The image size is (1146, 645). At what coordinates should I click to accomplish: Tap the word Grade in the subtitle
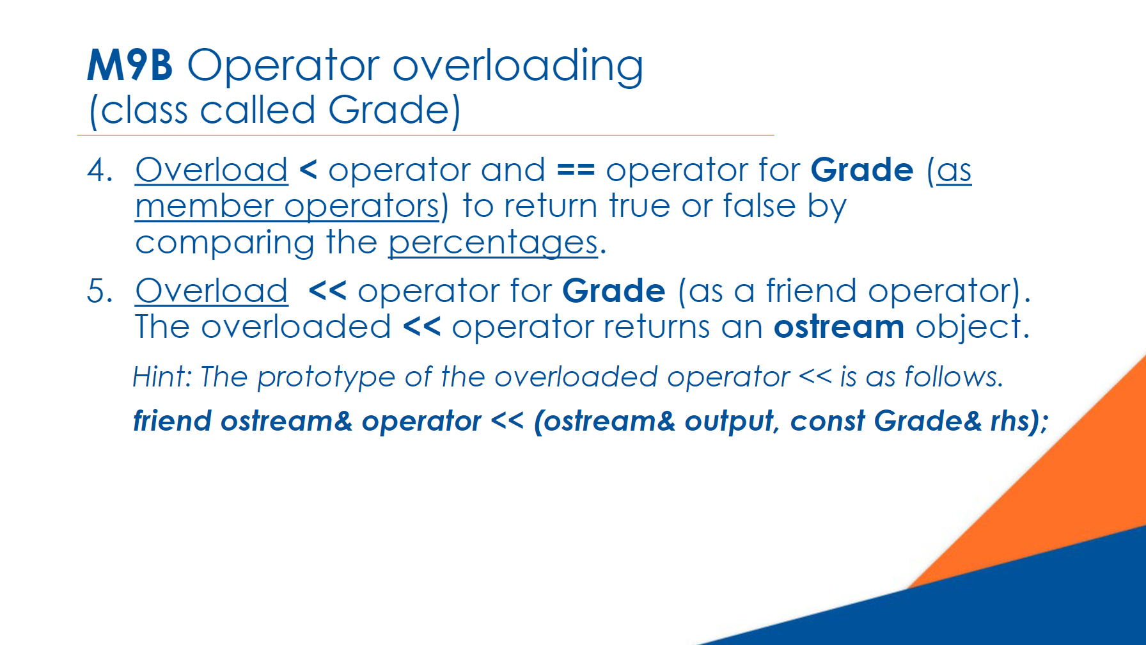389,110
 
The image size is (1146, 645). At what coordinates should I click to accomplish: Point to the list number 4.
100,170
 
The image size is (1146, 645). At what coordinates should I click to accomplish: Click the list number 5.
100,291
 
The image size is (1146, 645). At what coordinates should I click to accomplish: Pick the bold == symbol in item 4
576,170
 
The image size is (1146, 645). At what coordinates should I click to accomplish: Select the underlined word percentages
493,243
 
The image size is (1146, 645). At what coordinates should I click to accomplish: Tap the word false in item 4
759,206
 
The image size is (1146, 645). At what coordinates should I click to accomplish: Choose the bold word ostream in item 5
839,327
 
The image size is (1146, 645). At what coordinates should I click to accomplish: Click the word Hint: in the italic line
162,377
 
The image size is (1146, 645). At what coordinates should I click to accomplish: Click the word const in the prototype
828,422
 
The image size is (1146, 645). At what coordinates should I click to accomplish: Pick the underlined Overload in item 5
212,291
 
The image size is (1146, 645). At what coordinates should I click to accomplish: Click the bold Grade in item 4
862,170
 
